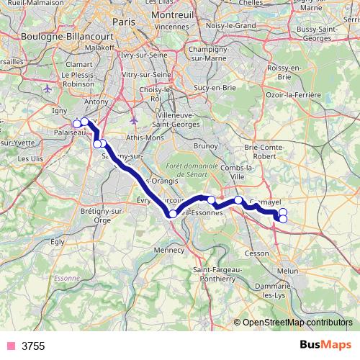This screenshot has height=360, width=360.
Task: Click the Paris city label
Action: [124, 22]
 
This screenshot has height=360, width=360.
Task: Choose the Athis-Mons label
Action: [144, 136]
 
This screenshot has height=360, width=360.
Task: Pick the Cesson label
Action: [257, 253]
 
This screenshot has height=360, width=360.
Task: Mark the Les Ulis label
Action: [29, 158]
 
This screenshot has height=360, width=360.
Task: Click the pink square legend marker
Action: [10, 346]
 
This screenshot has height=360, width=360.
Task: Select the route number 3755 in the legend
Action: [33, 346]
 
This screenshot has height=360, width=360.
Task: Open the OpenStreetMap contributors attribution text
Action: [297, 322]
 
